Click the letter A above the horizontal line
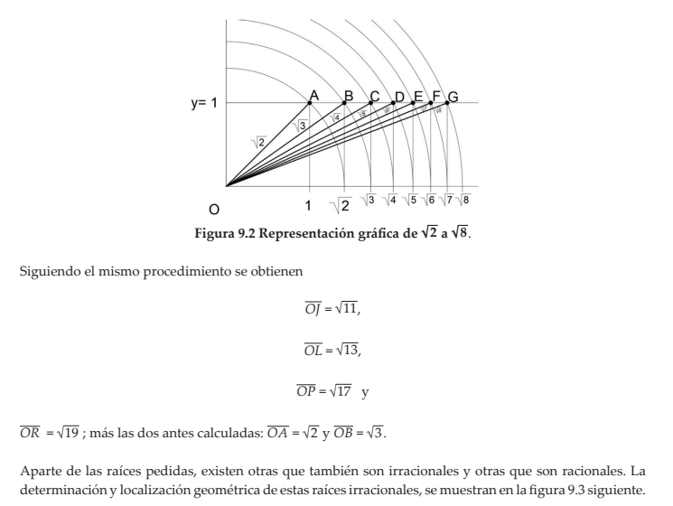(x=313, y=95)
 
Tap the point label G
(x=453, y=97)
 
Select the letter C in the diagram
(x=374, y=97)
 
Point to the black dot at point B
(x=344, y=103)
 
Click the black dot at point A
(x=310, y=103)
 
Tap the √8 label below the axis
(x=466, y=199)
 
